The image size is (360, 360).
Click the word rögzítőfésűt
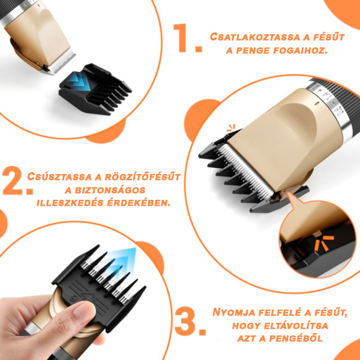[x=143, y=177]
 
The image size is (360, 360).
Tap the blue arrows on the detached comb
[x=76, y=82]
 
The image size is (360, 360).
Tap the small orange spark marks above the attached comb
[x=231, y=128]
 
